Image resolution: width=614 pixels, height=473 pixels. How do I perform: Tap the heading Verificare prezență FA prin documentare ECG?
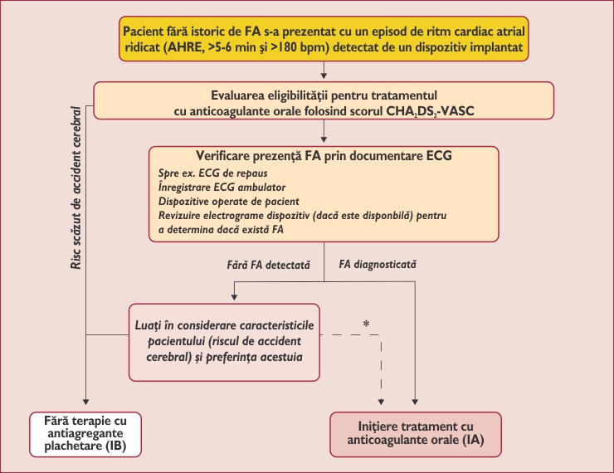(324, 155)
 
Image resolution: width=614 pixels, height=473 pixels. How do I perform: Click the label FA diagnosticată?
(379, 265)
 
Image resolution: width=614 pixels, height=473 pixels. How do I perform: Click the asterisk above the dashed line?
(366, 323)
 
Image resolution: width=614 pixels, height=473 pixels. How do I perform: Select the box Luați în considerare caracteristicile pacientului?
(224, 341)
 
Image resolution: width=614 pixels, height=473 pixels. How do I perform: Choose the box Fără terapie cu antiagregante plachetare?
(86, 435)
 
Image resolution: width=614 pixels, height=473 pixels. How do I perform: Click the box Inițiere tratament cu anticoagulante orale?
(416, 433)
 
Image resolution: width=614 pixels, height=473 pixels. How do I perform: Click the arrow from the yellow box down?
(324, 73)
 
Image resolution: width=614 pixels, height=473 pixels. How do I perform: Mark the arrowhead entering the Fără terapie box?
(87, 406)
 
